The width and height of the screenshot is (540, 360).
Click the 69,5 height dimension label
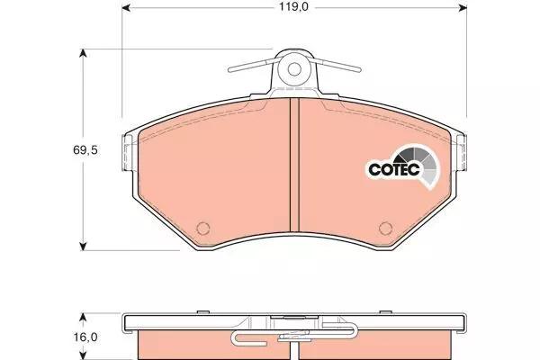point(85,150)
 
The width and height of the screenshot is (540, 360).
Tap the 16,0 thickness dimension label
point(85,337)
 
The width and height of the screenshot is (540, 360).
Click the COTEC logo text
point(394,169)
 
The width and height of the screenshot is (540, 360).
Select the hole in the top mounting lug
point(294,69)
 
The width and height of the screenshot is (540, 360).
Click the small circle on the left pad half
point(202,228)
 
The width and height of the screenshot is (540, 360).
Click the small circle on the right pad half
point(385,228)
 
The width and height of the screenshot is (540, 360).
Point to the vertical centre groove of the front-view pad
point(294,165)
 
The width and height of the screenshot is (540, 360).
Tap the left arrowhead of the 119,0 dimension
point(126,7)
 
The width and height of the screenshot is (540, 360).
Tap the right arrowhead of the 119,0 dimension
point(463,7)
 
